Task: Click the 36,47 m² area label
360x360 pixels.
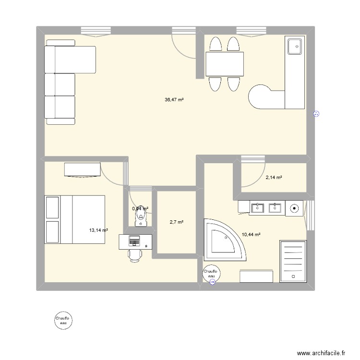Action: [174, 100]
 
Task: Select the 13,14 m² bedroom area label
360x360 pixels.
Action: [98, 230]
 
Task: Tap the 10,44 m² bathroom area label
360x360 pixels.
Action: [251, 234]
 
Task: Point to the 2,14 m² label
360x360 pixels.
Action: [274, 178]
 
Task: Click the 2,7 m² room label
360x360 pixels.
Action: [177, 222]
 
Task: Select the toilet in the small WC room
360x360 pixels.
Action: [141, 216]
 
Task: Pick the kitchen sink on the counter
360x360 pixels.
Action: [294, 47]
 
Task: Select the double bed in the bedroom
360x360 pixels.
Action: [75, 219]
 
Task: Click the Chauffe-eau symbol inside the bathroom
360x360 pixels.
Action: [211, 274]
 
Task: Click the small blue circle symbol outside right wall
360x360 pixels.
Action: [316, 114]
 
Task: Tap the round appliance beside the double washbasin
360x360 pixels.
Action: [294, 208]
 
